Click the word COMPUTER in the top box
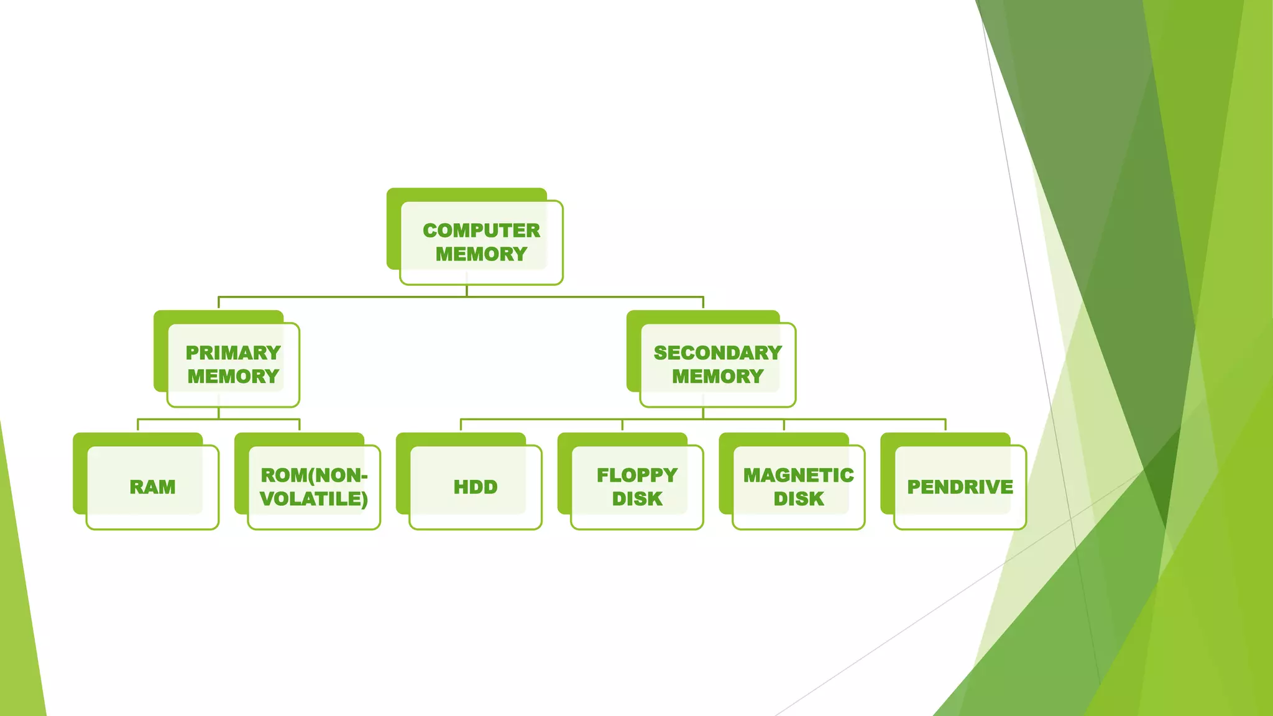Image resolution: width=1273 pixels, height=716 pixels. (481, 231)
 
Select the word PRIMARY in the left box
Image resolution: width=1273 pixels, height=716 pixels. (233, 353)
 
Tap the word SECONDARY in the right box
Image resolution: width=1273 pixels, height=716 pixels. (717, 353)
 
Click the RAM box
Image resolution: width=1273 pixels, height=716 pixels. (152, 487)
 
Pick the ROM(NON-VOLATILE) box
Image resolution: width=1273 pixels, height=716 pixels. (314, 487)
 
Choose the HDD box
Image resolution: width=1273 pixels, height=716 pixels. (476, 487)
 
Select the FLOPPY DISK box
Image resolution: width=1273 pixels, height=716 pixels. (637, 487)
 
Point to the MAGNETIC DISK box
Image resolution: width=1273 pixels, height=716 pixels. (799, 487)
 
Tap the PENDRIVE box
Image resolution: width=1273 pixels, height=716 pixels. (960, 487)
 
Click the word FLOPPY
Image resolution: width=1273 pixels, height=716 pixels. (637, 475)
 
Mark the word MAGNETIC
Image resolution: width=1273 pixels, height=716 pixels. (799, 475)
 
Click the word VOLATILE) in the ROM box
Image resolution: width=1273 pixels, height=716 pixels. (314, 499)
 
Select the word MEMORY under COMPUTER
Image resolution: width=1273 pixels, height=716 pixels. (481, 254)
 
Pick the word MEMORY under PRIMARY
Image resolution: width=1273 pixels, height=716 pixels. (233, 377)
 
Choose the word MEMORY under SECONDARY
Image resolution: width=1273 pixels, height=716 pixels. (717, 377)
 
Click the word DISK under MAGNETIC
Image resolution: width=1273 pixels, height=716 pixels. (799, 499)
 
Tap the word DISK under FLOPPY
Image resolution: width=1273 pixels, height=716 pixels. (637, 499)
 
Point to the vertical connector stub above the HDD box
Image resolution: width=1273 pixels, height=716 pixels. (461, 426)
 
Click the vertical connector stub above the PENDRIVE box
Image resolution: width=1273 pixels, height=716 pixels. (945, 426)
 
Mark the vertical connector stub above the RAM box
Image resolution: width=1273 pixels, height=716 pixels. (137, 426)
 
